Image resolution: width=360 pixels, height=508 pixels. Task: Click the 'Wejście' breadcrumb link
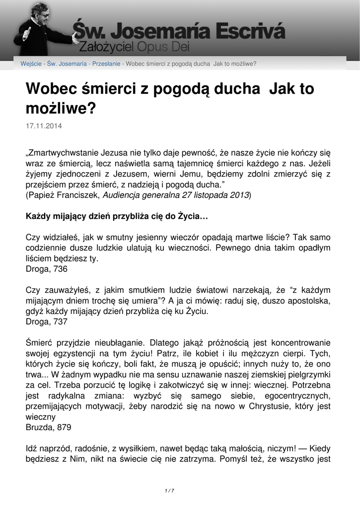[x=31, y=63]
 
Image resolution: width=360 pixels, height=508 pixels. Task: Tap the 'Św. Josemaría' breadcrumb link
[x=67, y=63]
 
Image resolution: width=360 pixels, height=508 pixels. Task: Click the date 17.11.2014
[x=44, y=127]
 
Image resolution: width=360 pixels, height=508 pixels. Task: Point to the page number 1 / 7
[x=169, y=491]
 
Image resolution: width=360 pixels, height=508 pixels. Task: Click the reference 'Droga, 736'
[x=47, y=269]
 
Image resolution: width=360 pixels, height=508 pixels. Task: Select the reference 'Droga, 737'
[x=47, y=321]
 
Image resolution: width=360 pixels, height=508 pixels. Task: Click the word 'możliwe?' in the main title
[x=60, y=108]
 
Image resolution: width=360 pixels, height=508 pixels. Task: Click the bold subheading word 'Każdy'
[x=38, y=217]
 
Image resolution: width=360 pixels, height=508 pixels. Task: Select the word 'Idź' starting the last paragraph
[x=31, y=448]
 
